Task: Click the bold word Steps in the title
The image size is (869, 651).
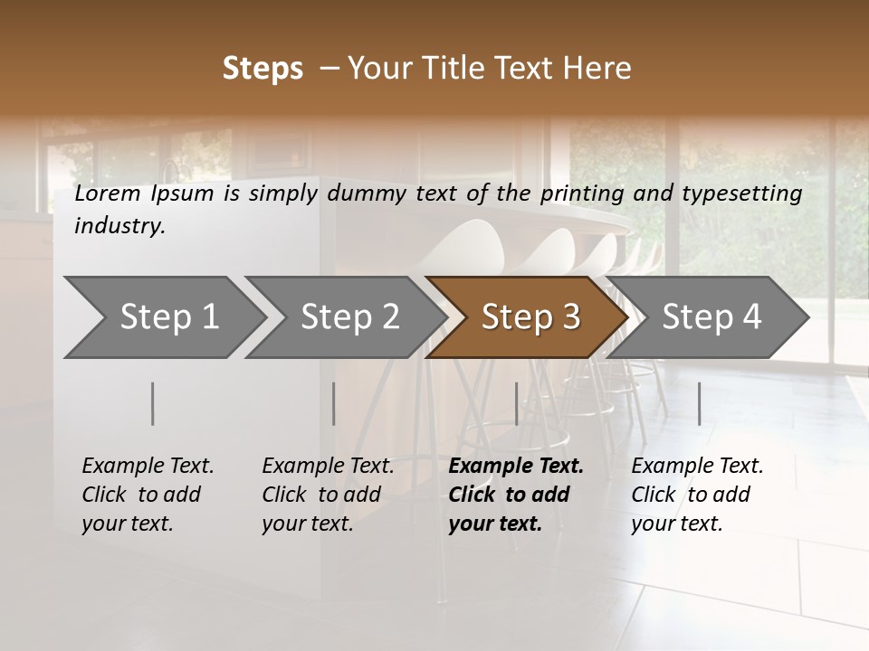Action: (x=263, y=69)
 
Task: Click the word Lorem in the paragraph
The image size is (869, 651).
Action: (x=107, y=193)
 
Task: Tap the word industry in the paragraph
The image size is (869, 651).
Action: (x=119, y=226)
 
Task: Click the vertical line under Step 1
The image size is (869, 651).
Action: (x=153, y=403)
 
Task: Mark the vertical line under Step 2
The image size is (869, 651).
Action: (x=334, y=403)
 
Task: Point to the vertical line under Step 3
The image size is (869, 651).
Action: (x=516, y=403)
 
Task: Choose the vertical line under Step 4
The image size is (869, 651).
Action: (x=699, y=403)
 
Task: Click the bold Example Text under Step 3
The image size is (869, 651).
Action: (x=516, y=467)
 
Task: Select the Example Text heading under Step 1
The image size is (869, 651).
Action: (x=148, y=467)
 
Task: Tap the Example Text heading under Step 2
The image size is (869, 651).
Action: (x=328, y=467)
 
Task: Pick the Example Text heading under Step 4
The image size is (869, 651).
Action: (x=697, y=467)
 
